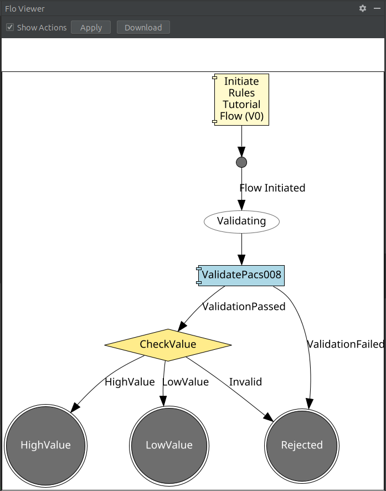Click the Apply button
click(91, 28)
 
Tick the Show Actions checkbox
click(10, 28)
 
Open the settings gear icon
click(363, 8)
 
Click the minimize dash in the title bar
click(377, 8)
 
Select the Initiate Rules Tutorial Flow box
click(241, 99)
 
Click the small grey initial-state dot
click(241, 162)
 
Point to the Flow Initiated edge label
click(272, 188)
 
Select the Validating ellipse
click(241, 221)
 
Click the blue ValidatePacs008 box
click(241, 275)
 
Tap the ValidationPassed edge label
click(244, 306)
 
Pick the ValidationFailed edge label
click(345, 344)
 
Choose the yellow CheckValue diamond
click(168, 344)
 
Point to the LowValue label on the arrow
click(186, 382)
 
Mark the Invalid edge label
click(245, 382)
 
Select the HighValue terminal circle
click(45, 445)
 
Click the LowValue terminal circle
click(169, 445)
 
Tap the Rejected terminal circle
click(302, 445)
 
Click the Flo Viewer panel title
click(25, 9)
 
